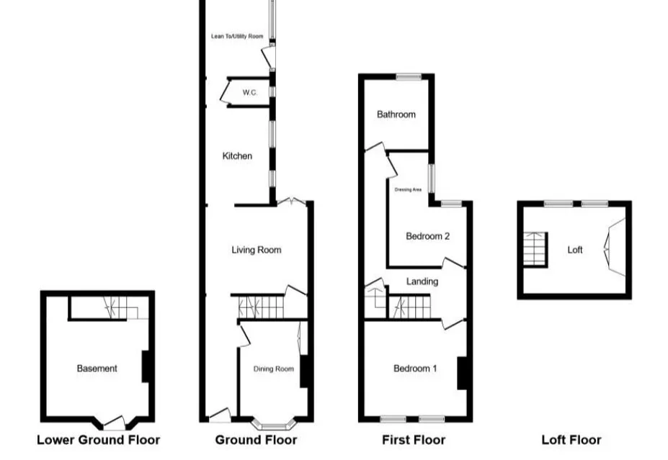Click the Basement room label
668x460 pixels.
click(x=97, y=369)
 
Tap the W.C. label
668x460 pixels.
click(x=250, y=92)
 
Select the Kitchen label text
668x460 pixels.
click(x=237, y=156)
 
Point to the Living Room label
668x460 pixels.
click(x=257, y=251)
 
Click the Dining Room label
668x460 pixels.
click(x=274, y=369)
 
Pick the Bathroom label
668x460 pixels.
click(x=396, y=114)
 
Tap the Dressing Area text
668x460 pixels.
click(x=408, y=190)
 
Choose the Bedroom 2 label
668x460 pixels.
click(x=428, y=236)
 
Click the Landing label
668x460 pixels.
click(x=422, y=281)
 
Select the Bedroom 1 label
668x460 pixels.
click(x=415, y=369)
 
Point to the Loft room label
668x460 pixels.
click(x=575, y=251)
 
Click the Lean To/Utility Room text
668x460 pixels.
click(x=237, y=37)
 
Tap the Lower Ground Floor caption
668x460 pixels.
click(x=99, y=440)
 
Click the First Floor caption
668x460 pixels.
click(x=414, y=440)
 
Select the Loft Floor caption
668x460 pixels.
click(x=571, y=440)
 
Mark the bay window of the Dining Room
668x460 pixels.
click(x=274, y=424)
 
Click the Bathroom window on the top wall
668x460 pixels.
click(x=409, y=77)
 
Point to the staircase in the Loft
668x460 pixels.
click(x=535, y=249)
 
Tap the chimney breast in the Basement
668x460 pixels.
click(x=146, y=366)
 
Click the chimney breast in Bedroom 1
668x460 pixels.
click(x=462, y=373)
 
